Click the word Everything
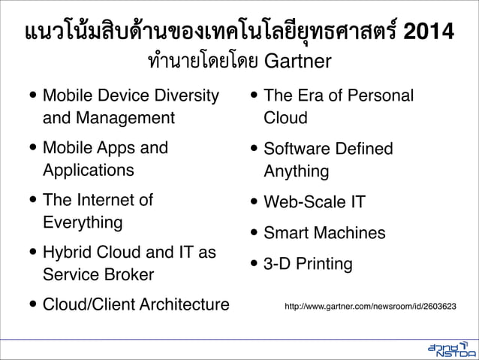(83, 222)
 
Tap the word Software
(295, 149)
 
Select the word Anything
(296, 171)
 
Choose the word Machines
(347, 233)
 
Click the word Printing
(324, 264)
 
